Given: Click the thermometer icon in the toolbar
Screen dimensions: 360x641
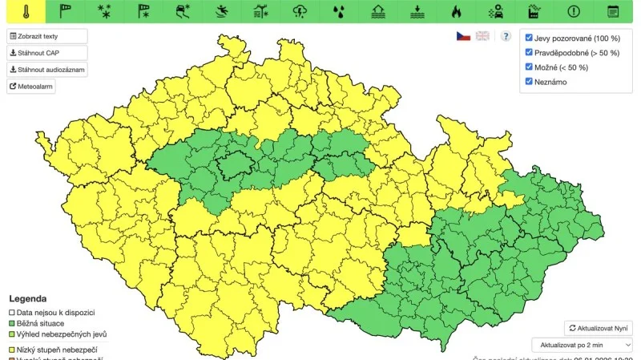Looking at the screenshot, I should pyautogui.click(x=26, y=11).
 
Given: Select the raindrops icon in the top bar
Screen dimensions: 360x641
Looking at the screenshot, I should pyautogui.click(x=340, y=11).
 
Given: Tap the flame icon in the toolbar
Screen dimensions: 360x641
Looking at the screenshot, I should pyautogui.click(x=456, y=11).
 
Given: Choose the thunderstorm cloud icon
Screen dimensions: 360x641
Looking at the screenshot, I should pyautogui.click(x=300, y=11).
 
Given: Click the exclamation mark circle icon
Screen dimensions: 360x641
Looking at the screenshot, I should pyautogui.click(x=574, y=11).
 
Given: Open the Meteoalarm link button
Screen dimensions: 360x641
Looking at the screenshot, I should pyautogui.click(x=32, y=87).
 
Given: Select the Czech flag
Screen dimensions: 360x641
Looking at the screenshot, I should pyautogui.click(x=463, y=36).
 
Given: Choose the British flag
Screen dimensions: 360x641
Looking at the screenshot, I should pyautogui.click(x=482, y=36).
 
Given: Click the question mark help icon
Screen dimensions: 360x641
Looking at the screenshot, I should pyautogui.click(x=506, y=36).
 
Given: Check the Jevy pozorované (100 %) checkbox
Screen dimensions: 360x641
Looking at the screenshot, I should pyautogui.click(x=529, y=38).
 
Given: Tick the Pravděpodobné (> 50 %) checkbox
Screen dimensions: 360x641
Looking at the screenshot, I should pyautogui.click(x=529, y=52).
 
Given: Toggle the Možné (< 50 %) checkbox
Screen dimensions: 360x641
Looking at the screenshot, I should pyautogui.click(x=529, y=67).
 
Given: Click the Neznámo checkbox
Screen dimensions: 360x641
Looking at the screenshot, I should pyautogui.click(x=529, y=81).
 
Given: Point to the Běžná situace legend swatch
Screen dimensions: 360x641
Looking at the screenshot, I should pyautogui.click(x=11, y=323).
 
